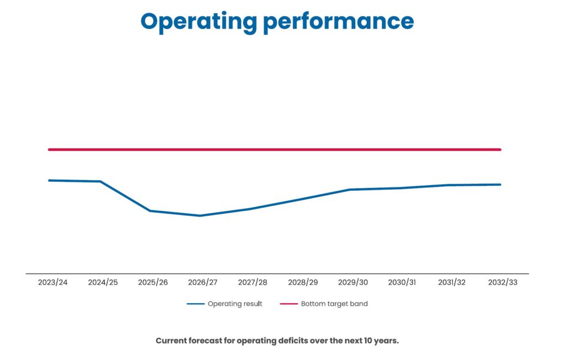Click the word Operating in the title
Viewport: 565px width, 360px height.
199,21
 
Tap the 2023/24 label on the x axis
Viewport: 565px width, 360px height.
53,282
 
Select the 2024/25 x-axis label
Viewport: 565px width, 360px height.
103,282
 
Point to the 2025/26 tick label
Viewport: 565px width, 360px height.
153,282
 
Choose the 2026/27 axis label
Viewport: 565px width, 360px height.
202,282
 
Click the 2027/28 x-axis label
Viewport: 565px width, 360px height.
253,282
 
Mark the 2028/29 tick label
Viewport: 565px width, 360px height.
303,282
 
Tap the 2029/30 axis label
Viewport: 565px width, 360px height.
353,282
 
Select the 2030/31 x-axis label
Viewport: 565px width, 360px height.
402,282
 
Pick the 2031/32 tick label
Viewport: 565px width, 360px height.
452,282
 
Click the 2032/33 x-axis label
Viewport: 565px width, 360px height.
503,282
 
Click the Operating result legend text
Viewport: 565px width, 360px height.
235,304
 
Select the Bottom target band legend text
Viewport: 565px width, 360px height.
334,304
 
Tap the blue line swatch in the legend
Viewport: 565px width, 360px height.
195,304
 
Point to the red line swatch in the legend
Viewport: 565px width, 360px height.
289,304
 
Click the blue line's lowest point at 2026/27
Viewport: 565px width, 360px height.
200,216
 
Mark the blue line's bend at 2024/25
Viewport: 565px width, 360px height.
100,181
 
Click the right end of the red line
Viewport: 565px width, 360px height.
499,149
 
